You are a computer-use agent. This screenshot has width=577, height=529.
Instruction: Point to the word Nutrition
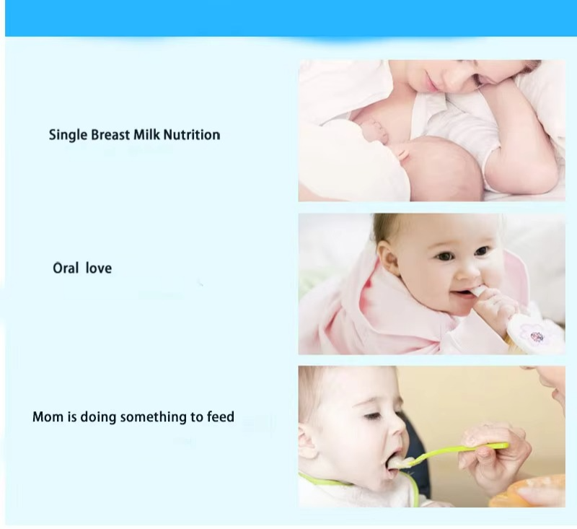[193, 135]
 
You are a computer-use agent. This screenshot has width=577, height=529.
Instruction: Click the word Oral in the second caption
[65, 268]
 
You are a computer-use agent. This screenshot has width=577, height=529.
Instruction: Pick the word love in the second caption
[99, 268]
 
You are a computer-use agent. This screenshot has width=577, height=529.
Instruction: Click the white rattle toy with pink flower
[534, 333]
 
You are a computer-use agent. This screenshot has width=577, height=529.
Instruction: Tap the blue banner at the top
[288, 17]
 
